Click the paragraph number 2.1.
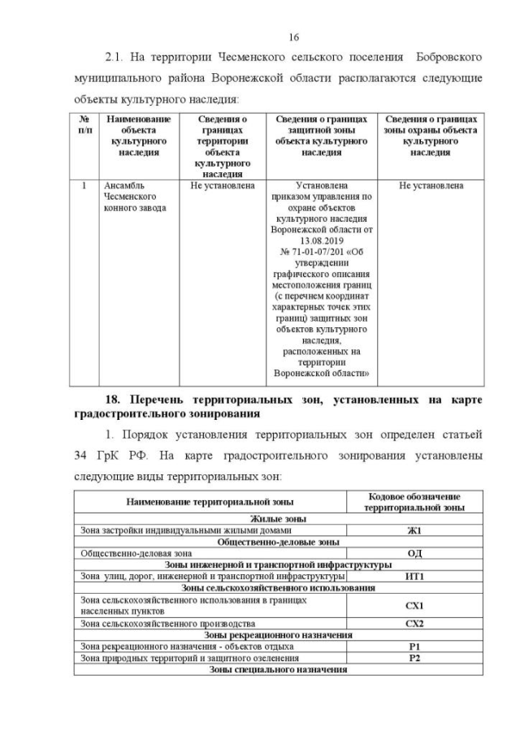(x=118, y=58)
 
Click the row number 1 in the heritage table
(x=84, y=186)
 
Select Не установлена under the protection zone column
(x=431, y=186)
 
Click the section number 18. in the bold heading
(x=119, y=400)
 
